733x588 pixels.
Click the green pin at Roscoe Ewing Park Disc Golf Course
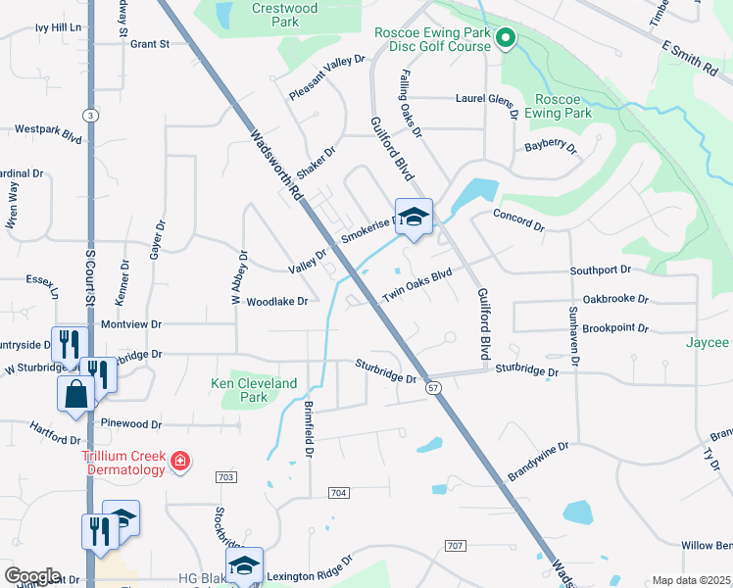[x=506, y=38]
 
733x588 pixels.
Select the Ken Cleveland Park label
[x=254, y=390]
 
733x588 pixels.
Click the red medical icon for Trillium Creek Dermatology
[x=179, y=461]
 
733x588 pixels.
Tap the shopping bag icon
[x=76, y=394]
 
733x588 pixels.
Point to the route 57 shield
[x=432, y=389]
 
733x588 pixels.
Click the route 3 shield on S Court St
[x=89, y=115]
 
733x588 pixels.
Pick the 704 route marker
[x=339, y=492]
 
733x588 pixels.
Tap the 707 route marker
[x=455, y=545]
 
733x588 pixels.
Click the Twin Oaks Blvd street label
[x=416, y=284]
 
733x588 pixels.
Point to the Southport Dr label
[x=601, y=269]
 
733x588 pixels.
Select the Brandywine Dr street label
[x=538, y=462]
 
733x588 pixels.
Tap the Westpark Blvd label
[x=48, y=128]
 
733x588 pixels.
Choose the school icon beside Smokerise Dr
[x=414, y=218]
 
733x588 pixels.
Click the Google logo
[x=32, y=575]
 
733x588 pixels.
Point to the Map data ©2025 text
[x=690, y=580]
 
